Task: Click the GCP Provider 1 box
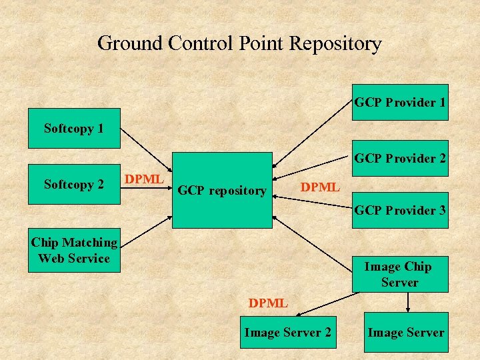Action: point(400,102)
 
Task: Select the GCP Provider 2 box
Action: point(400,159)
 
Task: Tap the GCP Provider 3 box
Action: point(400,211)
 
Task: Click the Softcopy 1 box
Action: point(73,128)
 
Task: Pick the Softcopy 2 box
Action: point(73,184)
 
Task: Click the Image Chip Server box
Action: point(399,274)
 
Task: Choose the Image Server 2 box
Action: point(287,332)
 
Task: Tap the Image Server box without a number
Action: point(406,332)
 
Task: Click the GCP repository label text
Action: point(221,191)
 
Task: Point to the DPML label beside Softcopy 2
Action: point(144,179)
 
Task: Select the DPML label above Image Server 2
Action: point(268,303)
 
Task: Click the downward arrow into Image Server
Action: point(408,303)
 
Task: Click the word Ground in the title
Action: point(131,43)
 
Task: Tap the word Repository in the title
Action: point(336,43)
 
